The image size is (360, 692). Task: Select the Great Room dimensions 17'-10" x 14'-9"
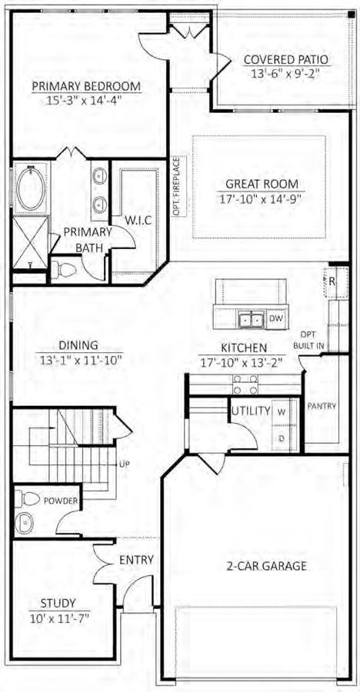pos(261,198)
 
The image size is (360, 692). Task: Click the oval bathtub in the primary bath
pos(32,188)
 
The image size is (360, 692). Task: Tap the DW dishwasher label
pos(275,318)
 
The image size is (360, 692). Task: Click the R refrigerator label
pos(332,281)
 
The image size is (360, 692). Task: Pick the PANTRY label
pos(322,405)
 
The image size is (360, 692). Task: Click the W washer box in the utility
pos(281,411)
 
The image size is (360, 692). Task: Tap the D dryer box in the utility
pos(281,437)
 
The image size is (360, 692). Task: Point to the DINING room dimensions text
pos(81,360)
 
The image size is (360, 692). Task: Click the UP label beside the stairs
pos(123,464)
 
